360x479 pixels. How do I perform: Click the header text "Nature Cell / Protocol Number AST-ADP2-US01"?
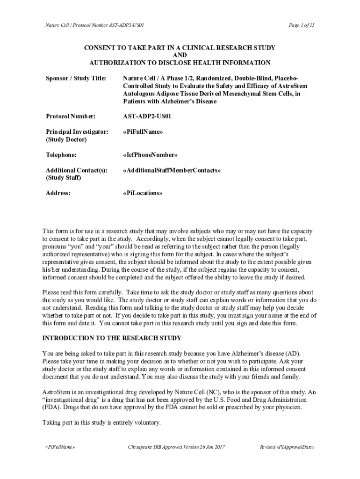coord(91,24)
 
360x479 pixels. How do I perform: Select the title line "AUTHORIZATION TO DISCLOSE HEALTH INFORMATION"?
coord(180,63)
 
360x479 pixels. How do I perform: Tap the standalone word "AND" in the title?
coord(180,55)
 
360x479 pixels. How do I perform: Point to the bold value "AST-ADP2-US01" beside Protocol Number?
coord(147,116)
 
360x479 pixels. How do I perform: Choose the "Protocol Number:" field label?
coord(71,116)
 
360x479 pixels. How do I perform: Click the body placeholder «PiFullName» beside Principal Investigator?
coord(143,132)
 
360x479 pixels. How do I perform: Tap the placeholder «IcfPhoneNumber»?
coord(150,155)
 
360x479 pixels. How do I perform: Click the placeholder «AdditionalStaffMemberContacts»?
coord(172,170)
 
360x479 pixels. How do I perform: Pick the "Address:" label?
coord(58,193)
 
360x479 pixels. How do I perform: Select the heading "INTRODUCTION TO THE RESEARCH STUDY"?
coord(112,338)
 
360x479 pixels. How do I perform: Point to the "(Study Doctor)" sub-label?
coord(66,139)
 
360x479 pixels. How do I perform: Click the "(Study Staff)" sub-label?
coord(64,178)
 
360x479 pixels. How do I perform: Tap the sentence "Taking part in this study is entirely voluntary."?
coord(101,422)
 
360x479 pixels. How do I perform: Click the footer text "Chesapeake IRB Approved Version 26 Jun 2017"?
coord(177,447)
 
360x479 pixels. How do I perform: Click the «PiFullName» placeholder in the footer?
coord(58,447)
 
